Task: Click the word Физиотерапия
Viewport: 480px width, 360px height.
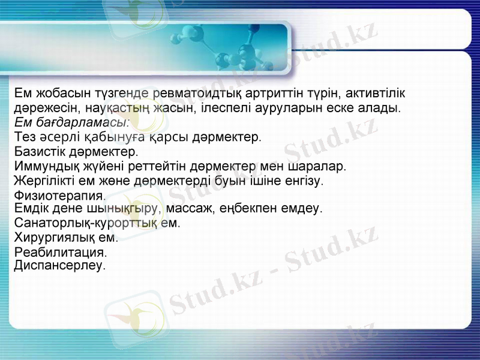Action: [59, 196]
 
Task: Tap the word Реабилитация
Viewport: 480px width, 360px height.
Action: [60, 252]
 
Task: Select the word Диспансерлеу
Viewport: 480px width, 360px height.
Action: [59, 265]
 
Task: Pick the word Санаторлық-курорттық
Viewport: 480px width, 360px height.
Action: [85, 223]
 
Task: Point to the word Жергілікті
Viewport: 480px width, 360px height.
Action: [46, 180]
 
